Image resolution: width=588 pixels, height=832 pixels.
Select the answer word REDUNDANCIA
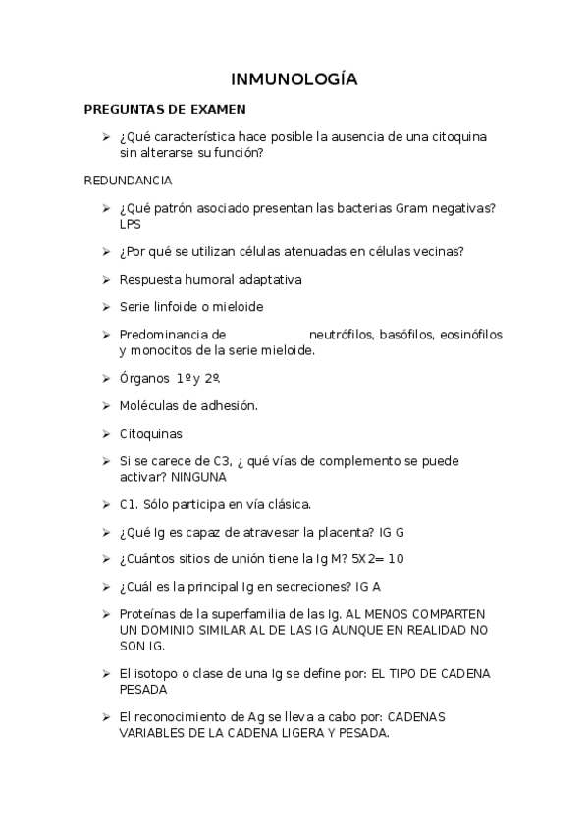point(129,181)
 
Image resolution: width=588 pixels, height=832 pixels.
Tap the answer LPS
point(129,223)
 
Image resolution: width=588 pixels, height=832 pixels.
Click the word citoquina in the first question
point(455,136)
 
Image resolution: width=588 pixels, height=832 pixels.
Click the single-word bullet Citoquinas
point(150,433)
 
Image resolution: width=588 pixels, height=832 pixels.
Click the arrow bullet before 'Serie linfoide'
point(105,306)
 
